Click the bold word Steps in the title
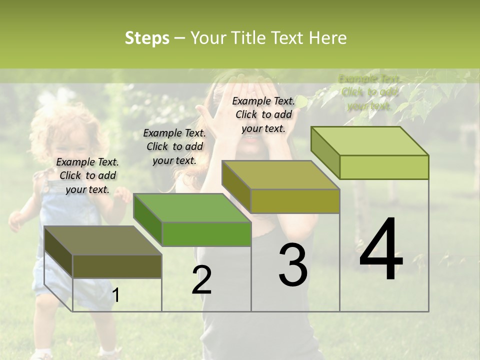(x=147, y=38)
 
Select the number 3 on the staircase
(x=292, y=265)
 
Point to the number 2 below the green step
(x=201, y=279)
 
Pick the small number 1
(x=116, y=295)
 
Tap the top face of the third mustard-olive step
(x=280, y=175)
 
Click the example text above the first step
(x=87, y=175)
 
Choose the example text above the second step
(x=174, y=146)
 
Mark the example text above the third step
(x=263, y=114)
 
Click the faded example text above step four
(x=369, y=92)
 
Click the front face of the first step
(x=117, y=266)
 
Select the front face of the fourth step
(x=384, y=167)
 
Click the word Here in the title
(x=328, y=38)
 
